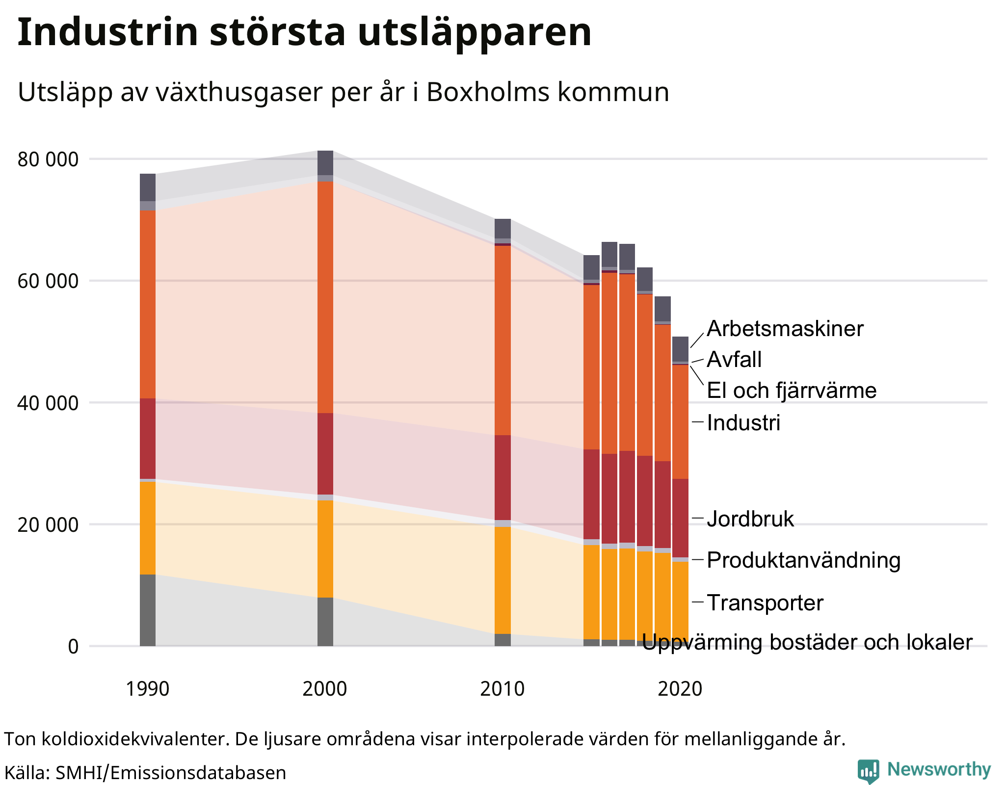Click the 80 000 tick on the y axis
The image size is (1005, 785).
[48, 159]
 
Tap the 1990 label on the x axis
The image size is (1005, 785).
[147, 689]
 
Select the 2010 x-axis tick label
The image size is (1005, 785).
[502, 689]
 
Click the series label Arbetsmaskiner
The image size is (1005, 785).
[784, 329]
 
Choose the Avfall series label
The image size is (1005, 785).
[734, 360]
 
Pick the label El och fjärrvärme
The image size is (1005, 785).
[791, 391]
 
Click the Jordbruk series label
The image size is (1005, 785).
[750, 519]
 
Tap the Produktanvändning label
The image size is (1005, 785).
[803, 560]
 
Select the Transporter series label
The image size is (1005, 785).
[765, 602]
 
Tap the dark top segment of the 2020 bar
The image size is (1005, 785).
[680, 349]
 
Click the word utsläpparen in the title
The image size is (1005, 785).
[474, 32]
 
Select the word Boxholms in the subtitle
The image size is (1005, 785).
[488, 92]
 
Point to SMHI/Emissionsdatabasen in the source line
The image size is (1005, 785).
[170, 773]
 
